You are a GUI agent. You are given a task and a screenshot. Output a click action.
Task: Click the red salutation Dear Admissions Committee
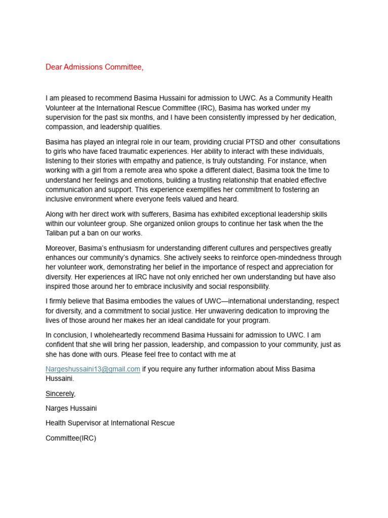tap(94, 67)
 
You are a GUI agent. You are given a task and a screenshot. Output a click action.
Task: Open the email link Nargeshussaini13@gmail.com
tap(93, 369)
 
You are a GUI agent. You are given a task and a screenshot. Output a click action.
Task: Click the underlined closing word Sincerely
tap(60, 394)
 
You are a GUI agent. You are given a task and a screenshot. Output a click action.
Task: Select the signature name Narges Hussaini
tap(71, 408)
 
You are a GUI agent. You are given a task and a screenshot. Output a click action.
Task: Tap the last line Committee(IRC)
tap(71, 438)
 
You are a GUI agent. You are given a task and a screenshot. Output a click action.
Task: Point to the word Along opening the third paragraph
tap(56, 214)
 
